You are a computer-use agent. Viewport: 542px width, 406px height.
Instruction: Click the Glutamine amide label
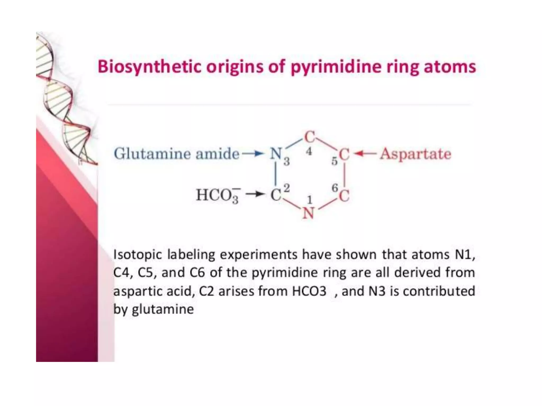click(x=177, y=154)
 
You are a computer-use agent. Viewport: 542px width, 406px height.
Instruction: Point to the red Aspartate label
click(x=415, y=154)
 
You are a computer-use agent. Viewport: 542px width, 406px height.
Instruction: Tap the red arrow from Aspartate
click(x=365, y=153)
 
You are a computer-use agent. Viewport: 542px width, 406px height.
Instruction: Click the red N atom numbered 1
click(x=308, y=213)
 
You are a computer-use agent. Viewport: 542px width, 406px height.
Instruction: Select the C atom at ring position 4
click(x=309, y=137)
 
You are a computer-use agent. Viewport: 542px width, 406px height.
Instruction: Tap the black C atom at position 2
click(x=276, y=196)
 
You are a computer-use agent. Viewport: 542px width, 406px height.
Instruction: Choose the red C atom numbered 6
click(x=344, y=196)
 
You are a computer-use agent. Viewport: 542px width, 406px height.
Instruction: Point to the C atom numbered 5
click(x=344, y=154)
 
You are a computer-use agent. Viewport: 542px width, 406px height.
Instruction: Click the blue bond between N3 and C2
click(x=276, y=174)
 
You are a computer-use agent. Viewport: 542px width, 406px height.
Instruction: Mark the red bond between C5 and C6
click(x=345, y=175)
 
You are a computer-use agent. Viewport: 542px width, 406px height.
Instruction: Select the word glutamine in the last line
click(x=163, y=309)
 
